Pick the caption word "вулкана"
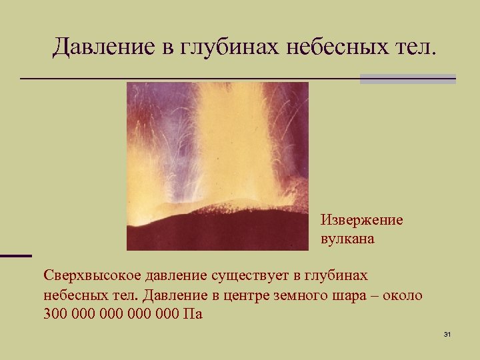pyautogui.click(x=347, y=239)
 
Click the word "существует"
pyautogui.click(x=241, y=275)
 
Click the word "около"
pyautogui.click(x=404, y=295)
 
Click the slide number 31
pyautogui.click(x=447, y=334)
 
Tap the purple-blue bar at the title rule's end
pyautogui.click(x=407, y=79)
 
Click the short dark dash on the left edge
pyautogui.click(x=15, y=255)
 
